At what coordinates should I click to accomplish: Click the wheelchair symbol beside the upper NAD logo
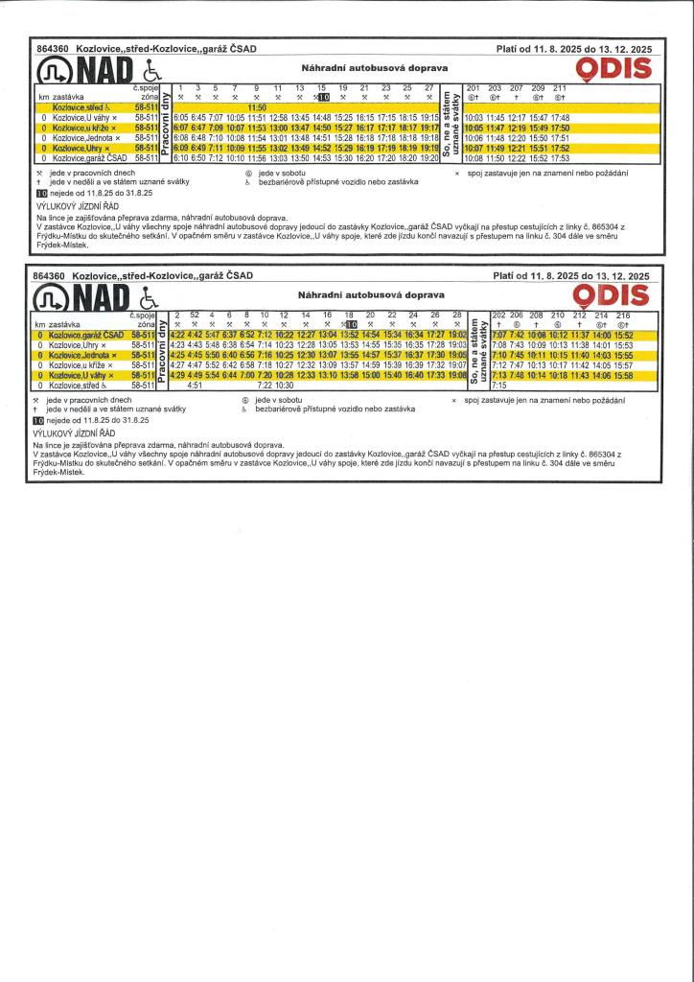150,71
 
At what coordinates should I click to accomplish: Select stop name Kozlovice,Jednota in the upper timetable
85,138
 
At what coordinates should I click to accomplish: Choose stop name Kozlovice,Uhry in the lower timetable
82,343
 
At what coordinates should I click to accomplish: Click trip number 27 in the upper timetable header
429,88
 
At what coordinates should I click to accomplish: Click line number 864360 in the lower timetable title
48,276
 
